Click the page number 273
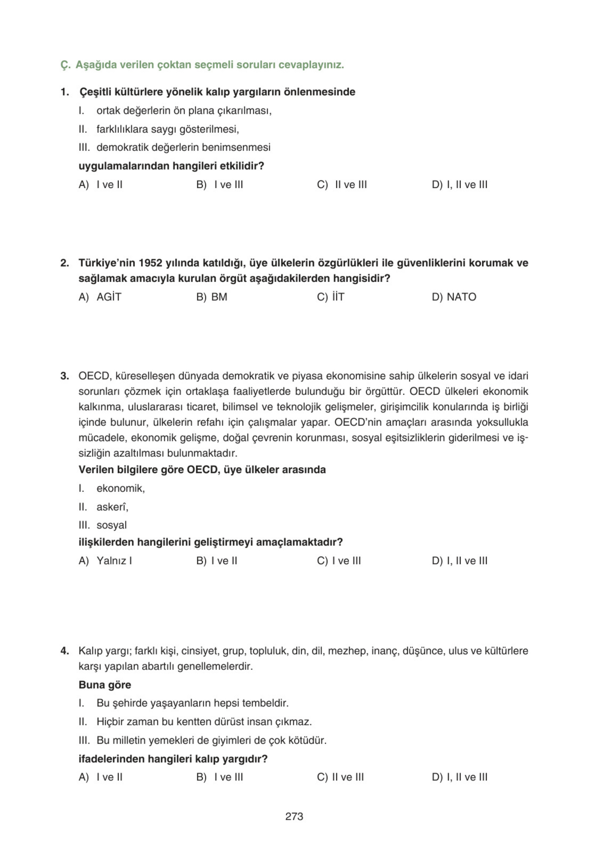pos(294,816)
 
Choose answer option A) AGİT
pos(100,297)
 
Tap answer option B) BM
pos(212,297)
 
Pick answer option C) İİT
pos(330,297)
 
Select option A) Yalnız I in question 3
pos(105,561)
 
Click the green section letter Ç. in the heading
pos(65,65)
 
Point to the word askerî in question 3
pos(112,507)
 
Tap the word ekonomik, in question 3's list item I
pos(120,488)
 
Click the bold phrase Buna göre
pos(105,685)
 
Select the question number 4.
pos(65,651)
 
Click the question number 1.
pos(65,92)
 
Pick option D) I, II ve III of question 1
pos(459,184)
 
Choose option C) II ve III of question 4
pos(340,777)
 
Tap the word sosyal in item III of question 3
pos(111,525)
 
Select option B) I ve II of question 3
pos(216,561)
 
